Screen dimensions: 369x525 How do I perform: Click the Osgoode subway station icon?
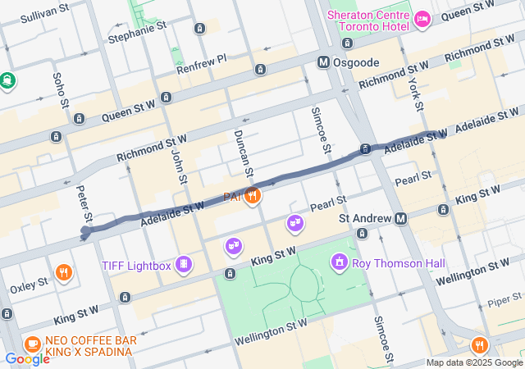(x=324, y=62)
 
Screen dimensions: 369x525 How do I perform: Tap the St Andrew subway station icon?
(x=401, y=219)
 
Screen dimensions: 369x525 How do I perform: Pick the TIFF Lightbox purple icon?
(x=185, y=264)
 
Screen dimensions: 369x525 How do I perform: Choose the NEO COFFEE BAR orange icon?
(x=33, y=344)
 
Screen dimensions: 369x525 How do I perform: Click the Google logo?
(x=27, y=358)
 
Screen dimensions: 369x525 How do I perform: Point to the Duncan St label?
(x=244, y=153)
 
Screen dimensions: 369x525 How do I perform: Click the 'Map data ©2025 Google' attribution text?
(x=474, y=362)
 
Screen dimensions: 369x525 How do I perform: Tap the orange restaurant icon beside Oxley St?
(x=63, y=272)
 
